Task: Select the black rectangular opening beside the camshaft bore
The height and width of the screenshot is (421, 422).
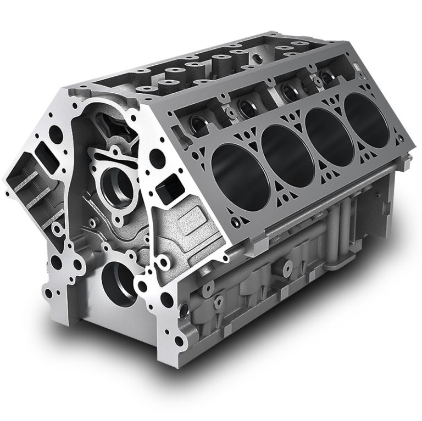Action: pyautogui.click(x=166, y=189)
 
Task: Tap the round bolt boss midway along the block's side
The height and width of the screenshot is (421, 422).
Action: pyautogui.click(x=286, y=267)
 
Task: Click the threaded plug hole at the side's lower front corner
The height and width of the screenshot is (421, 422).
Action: pyautogui.click(x=219, y=301)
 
